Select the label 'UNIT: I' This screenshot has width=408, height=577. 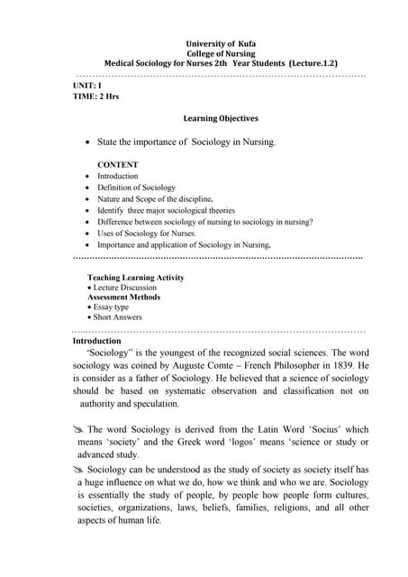(x=87, y=84)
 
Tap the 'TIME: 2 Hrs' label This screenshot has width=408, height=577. (x=96, y=95)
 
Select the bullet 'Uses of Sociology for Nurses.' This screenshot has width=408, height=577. (x=146, y=233)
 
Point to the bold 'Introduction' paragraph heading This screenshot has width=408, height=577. (x=96, y=342)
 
